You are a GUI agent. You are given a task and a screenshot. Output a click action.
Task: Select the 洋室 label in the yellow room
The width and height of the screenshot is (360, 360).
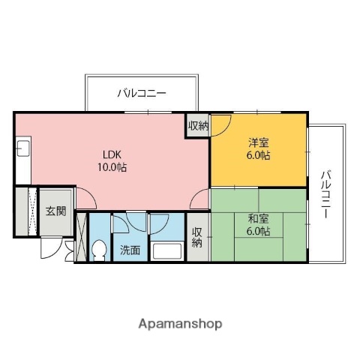point(258,142)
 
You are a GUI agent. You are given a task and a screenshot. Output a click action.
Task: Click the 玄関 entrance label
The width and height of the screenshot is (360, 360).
point(55,211)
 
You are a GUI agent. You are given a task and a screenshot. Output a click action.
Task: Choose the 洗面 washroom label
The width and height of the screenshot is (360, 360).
point(130,250)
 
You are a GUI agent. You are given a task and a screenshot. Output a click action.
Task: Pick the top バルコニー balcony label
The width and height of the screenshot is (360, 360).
point(142,94)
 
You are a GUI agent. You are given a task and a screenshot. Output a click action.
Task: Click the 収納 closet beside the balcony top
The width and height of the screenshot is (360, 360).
point(198,125)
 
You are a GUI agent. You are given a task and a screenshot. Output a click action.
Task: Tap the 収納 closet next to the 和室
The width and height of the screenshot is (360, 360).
point(197,238)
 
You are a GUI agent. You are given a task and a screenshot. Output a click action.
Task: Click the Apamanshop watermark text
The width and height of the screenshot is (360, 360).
point(180,324)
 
